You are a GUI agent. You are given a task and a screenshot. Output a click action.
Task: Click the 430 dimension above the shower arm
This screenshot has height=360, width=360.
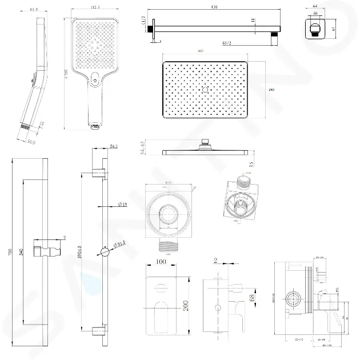point(214,6)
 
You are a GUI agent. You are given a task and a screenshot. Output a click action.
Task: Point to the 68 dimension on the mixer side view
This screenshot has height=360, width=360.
point(243,298)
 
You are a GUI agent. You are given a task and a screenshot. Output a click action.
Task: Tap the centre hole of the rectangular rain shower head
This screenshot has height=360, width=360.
point(205,90)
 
